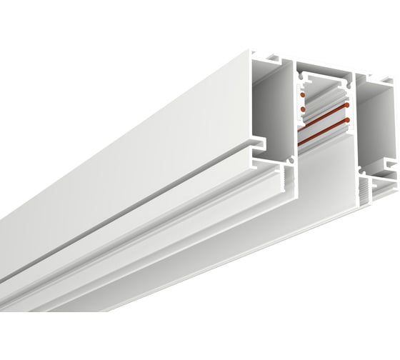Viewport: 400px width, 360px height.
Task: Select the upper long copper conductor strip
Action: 325,119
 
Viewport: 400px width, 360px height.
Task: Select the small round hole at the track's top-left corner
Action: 300,73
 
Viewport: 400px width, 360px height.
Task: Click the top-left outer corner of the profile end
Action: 254,51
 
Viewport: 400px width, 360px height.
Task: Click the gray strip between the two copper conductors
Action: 325,126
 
